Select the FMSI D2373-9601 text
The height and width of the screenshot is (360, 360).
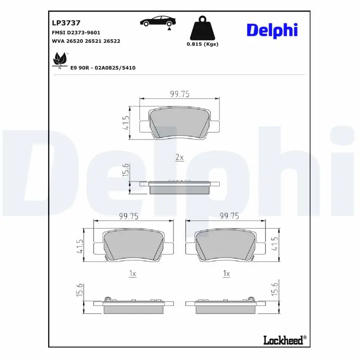pyautogui.click(x=76, y=32)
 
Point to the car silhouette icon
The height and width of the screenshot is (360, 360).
pyautogui.click(x=157, y=22)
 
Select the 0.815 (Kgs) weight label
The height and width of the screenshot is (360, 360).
pyautogui.click(x=202, y=44)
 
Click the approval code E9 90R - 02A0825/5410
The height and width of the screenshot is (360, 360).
pyautogui.click(x=103, y=67)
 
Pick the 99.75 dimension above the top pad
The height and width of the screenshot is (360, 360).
pyautogui.click(x=179, y=94)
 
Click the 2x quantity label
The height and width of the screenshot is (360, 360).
pyautogui.click(x=179, y=157)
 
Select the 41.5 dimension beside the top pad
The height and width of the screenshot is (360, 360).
pyautogui.click(x=126, y=123)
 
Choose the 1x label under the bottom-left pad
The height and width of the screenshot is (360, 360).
pyautogui.click(x=132, y=274)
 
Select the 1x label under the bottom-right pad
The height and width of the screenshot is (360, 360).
pyautogui.click(x=226, y=274)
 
